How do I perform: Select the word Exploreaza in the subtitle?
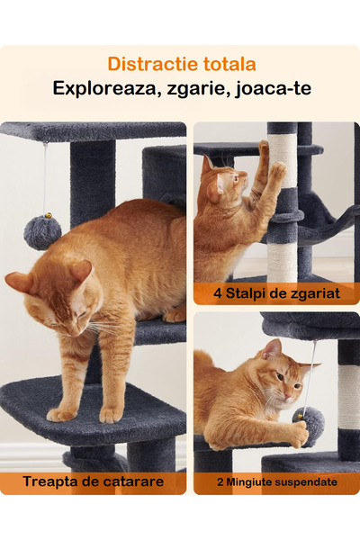[99, 88]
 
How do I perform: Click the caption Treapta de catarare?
[94, 481]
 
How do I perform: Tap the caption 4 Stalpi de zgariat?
[275, 292]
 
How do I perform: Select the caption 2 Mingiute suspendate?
[276, 482]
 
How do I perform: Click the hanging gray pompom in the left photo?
[42, 231]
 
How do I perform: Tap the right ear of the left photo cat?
[81, 270]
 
